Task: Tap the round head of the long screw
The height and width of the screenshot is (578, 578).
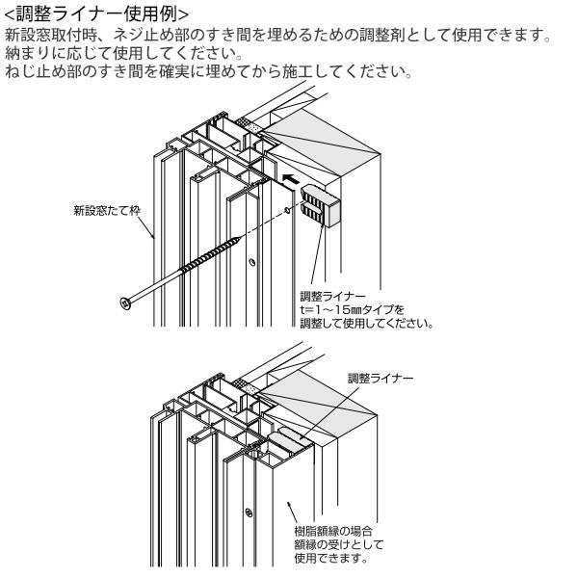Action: tap(125, 304)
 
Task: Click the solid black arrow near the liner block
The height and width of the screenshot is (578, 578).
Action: tap(289, 178)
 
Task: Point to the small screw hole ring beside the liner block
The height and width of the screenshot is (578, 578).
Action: tap(287, 208)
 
